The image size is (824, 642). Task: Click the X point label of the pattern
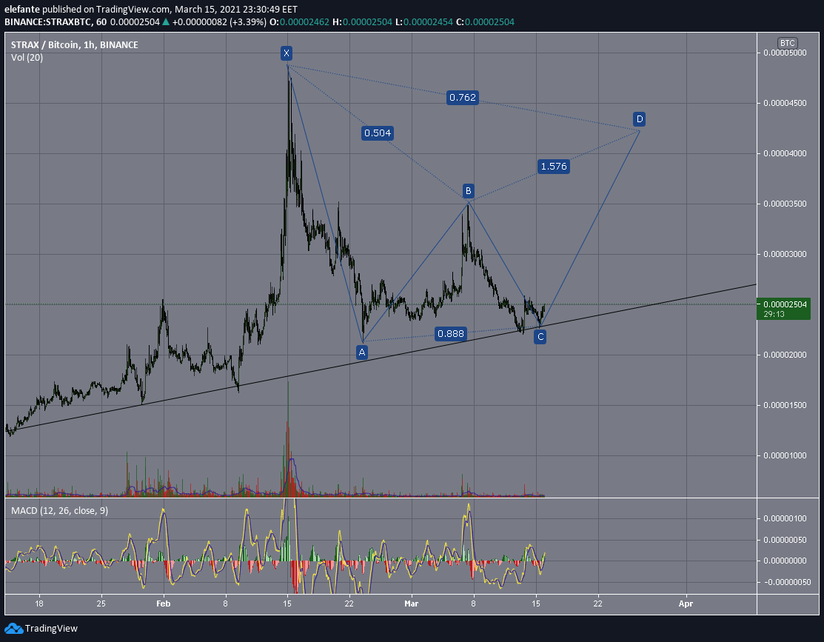tap(287, 53)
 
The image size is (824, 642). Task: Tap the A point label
tap(361, 352)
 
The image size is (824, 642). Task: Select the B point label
tap(468, 190)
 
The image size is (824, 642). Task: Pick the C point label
tap(540, 336)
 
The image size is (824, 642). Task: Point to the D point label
tap(639, 118)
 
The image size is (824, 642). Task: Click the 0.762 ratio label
tap(463, 97)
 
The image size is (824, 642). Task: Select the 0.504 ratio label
tap(378, 133)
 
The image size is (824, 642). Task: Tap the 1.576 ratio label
tap(554, 166)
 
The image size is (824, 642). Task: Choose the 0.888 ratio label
tap(451, 333)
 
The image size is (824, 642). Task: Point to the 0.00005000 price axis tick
tap(785, 53)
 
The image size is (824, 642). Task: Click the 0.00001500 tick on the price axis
tap(785, 405)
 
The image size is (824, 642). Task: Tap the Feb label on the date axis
tap(164, 603)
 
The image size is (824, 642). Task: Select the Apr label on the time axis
tap(686, 603)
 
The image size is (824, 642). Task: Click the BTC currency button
tap(787, 43)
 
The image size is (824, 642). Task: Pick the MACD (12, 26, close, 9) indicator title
tap(59, 510)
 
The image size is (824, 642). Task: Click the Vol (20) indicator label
tap(27, 57)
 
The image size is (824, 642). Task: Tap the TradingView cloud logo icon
tap(13, 629)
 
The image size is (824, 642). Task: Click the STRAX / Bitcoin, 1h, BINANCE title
tap(75, 44)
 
